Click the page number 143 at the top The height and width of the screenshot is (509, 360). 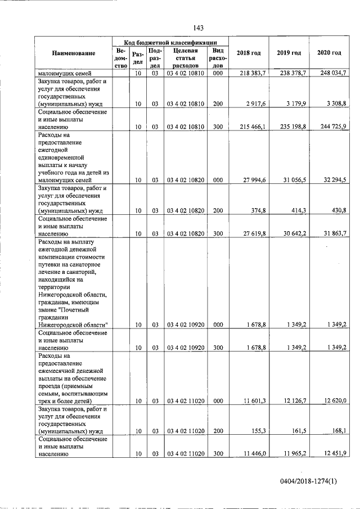point(198,28)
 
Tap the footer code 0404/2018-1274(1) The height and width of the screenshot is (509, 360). point(310,481)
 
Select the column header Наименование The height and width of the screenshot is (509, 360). point(74,53)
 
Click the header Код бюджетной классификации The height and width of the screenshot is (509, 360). point(170,42)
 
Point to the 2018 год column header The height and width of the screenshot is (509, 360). point(249,53)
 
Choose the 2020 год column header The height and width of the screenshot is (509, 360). point(328,53)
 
